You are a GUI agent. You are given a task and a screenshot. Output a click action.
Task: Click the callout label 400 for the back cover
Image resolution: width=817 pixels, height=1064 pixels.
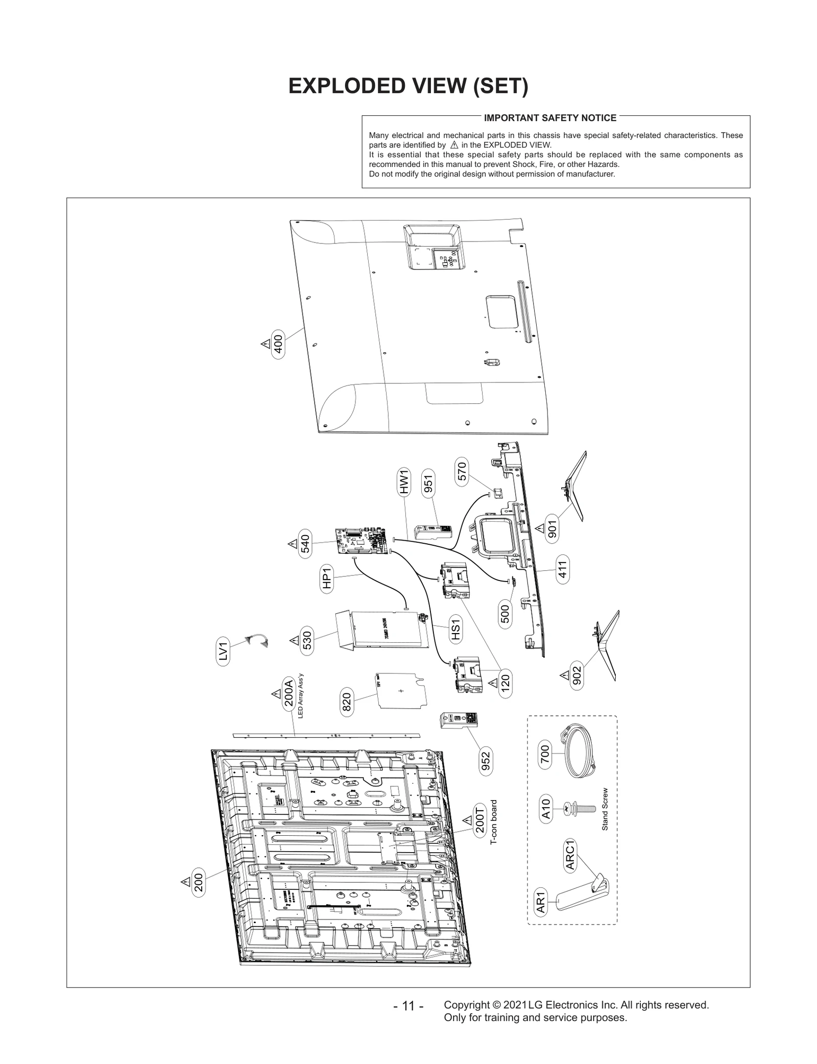(278, 344)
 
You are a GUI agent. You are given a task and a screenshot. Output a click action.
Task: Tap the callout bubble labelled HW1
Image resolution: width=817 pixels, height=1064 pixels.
(404, 482)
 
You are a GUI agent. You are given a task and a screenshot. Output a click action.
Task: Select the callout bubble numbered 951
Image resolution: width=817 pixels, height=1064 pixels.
(428, 484)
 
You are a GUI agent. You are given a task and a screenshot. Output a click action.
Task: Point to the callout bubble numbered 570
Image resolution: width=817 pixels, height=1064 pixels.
(461, 471)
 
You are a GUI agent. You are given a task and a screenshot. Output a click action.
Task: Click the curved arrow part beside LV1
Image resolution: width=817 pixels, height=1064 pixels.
(256, 640)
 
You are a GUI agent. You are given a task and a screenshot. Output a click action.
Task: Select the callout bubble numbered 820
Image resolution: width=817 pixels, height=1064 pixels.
(347, 702)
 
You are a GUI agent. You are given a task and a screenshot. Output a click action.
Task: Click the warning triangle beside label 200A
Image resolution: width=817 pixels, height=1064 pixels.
(275, 693)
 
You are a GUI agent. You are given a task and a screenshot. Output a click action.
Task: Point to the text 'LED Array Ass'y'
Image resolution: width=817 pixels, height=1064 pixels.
(301, 695)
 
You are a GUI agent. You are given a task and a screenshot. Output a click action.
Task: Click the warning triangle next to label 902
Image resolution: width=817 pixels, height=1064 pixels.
(564, 675)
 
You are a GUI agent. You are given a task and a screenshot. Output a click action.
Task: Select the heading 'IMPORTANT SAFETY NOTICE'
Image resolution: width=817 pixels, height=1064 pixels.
(550, 118)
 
